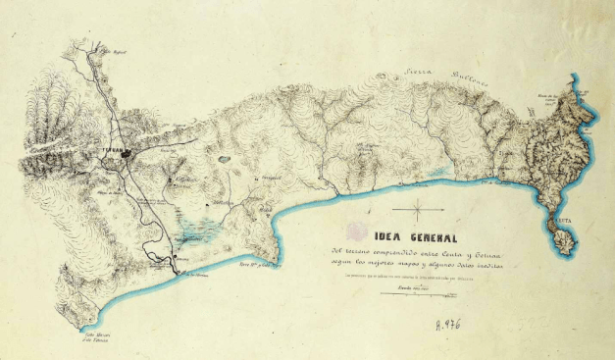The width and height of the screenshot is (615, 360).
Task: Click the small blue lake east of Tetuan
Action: [x=224, y=157]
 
